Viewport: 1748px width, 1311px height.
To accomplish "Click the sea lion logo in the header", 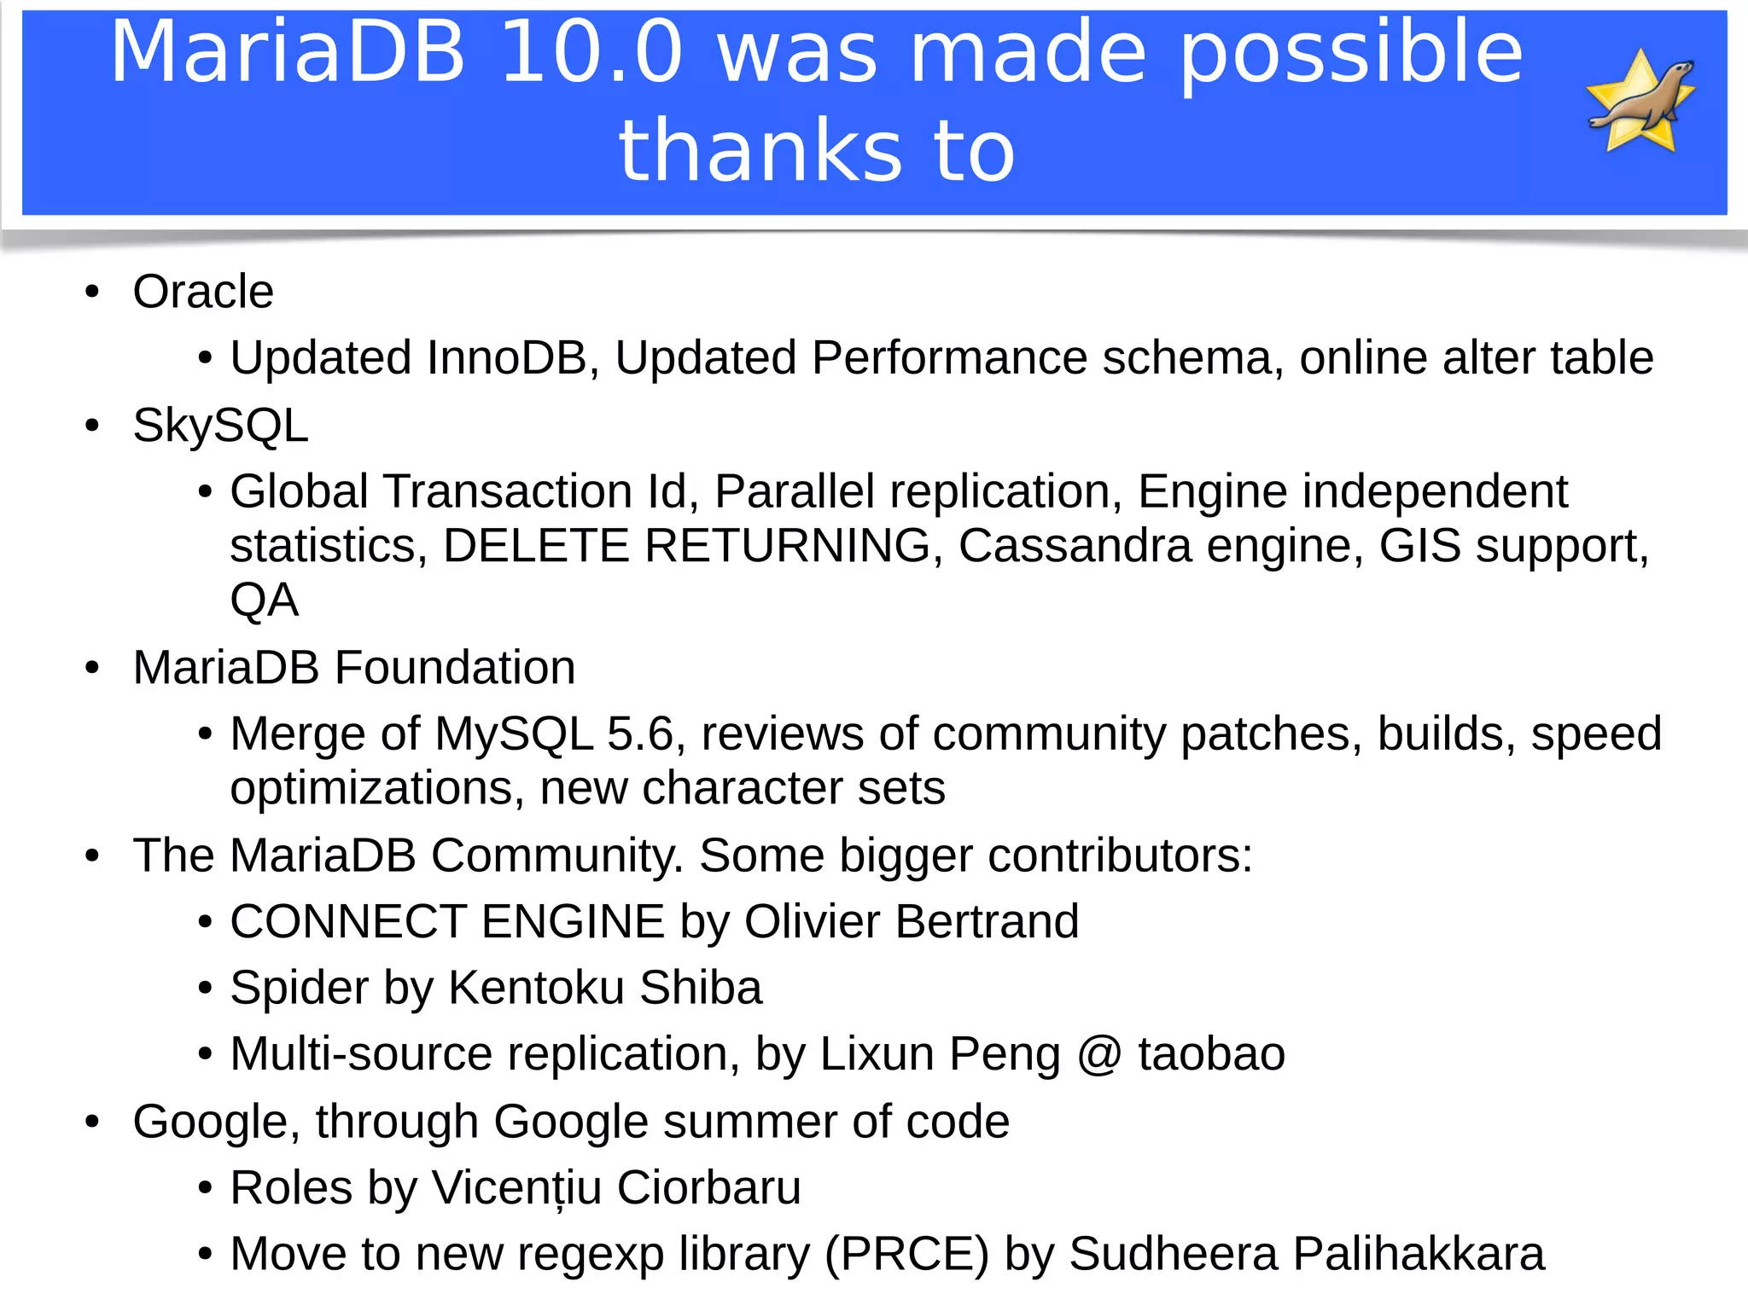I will click(1640, 101).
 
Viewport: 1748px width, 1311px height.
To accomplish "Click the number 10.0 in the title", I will click(591, 53).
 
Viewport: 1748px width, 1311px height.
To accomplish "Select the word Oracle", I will click(203, 292).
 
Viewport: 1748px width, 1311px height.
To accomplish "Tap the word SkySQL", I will click(220, 425).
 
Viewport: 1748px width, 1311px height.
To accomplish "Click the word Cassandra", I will click(1075, 546).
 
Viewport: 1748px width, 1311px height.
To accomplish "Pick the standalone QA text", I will click(265, 600).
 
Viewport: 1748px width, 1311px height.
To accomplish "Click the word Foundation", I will click(455, 667).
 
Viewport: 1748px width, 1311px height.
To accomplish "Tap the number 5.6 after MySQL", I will click(639, 734).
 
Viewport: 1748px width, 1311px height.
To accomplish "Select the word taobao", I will click(1211, 1054).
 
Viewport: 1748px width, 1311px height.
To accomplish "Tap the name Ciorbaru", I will click(708, 1187).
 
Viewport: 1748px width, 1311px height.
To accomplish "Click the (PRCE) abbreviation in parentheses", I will click(906, 1254).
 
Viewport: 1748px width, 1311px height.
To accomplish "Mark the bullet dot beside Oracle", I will click(92, 293).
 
